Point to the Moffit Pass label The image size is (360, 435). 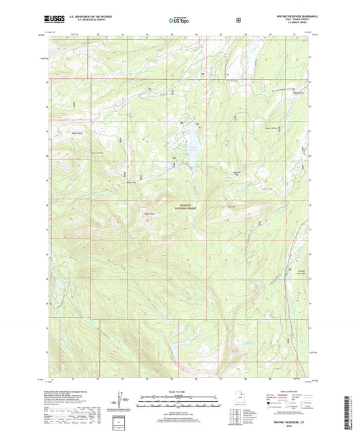tap(131, 181)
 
